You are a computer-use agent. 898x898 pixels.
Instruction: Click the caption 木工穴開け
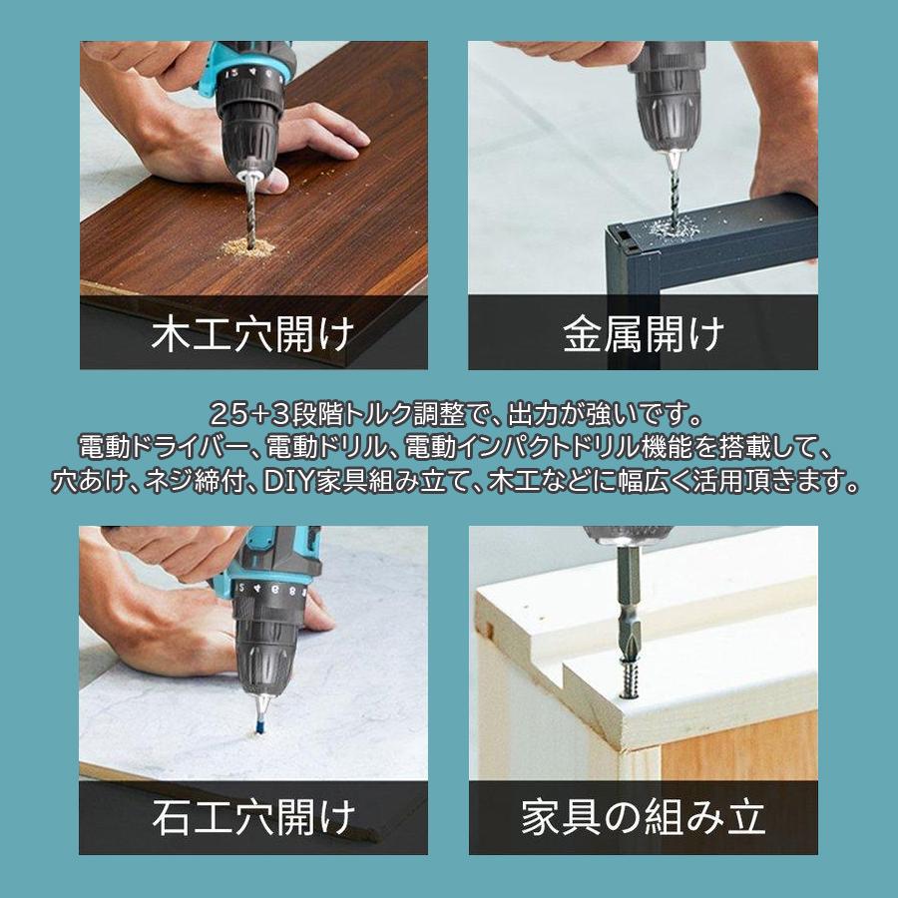[x=252, y=333]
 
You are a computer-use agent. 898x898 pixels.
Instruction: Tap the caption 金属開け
[x=644, y=333]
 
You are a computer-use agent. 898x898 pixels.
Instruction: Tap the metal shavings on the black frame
[x=667, y=230]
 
